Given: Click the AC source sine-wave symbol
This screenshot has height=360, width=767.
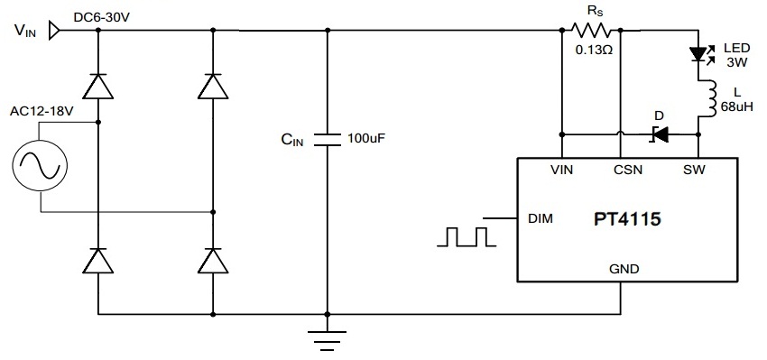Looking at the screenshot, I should click(40, 167).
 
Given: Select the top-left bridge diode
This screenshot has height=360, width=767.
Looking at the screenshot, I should click(97, 86).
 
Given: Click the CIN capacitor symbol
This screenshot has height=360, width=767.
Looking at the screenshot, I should click(327, 140).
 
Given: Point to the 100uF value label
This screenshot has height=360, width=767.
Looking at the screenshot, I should click(367, 140).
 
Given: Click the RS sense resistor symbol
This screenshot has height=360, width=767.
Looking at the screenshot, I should click(594, 30).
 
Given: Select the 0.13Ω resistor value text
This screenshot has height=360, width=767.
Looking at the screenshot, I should click(594, 50).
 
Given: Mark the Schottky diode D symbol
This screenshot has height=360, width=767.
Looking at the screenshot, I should click(661, 134).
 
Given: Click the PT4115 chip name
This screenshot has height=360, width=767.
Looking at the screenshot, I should click(626, 219).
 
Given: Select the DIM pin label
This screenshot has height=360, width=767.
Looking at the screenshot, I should click(540, 218).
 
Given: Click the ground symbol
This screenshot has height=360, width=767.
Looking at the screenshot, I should click(327, 337).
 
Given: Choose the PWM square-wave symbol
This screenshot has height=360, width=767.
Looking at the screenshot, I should click(467, 236).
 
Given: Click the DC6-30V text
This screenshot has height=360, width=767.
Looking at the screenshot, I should click(103, 14).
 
